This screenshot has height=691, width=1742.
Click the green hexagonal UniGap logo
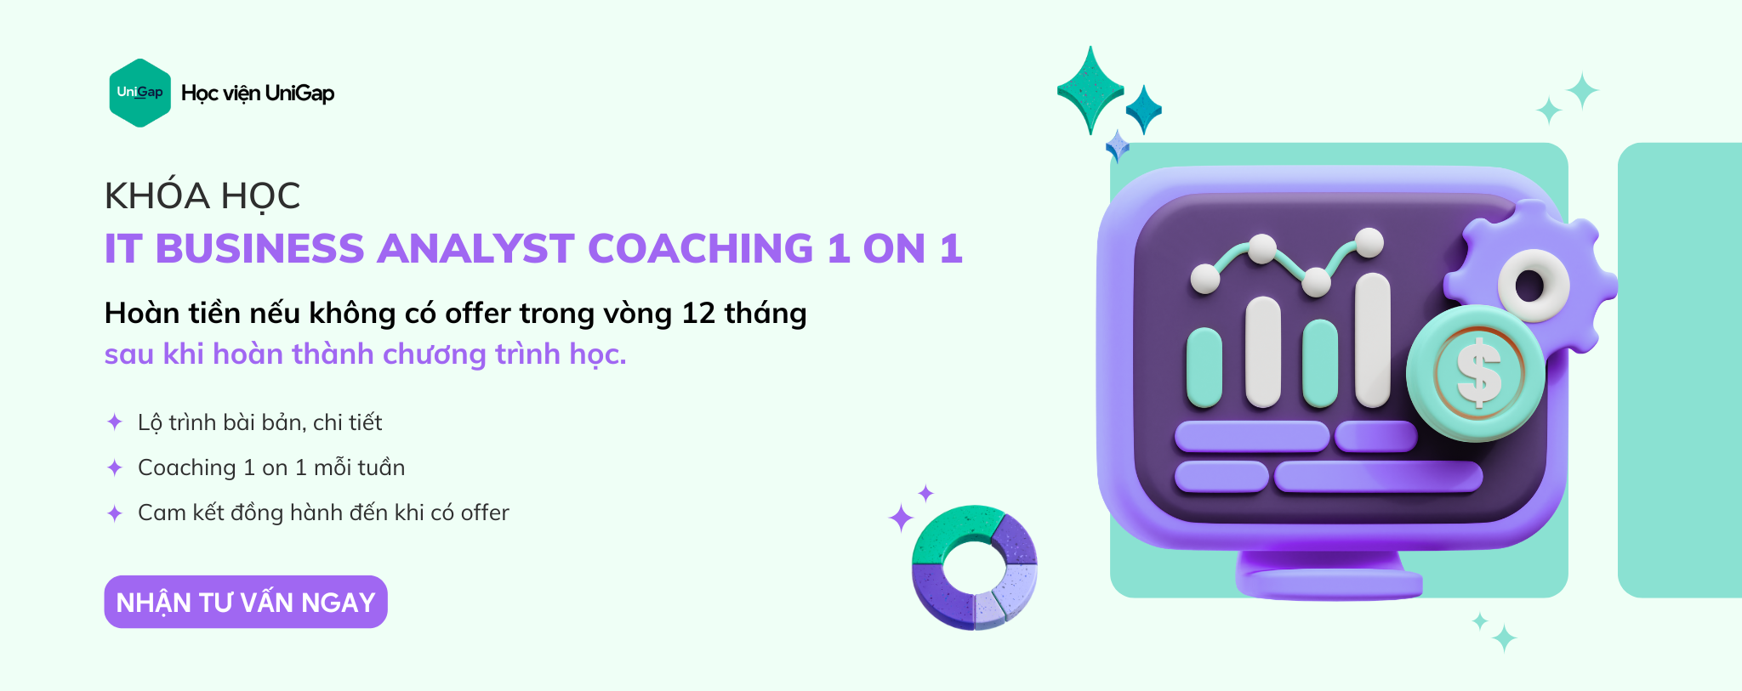tap(140, 93)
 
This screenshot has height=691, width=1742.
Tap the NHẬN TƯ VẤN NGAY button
tap(246, 602)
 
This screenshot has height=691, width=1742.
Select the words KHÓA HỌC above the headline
tap(202, 195)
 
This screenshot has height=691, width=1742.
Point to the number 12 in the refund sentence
tap(698, 313)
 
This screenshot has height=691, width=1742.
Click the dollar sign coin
tap(1476, 374)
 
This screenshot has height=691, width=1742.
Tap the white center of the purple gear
tap(1533, 286)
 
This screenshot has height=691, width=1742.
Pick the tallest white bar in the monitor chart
tap(1372, 340)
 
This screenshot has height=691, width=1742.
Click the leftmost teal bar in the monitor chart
tap(1204, 367)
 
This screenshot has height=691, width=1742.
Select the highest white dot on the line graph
tap(1369, 242)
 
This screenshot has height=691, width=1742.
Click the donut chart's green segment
tap(953, 534)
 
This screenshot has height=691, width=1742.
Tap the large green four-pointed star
tap(1090, 90)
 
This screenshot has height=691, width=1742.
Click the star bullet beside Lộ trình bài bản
tap(115, 422)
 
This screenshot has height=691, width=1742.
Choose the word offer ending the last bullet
tap(485, 513)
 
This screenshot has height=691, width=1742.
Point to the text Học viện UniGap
tap(258, 93)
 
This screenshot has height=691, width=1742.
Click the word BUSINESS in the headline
tap(259, 249)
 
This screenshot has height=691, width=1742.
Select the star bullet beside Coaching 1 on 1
tap(115, 467)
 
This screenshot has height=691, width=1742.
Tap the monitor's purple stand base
tap(1329, 584)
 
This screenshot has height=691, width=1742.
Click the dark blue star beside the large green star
tap(1144, 110)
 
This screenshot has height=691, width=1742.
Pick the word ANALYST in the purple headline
tap(475, 249)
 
